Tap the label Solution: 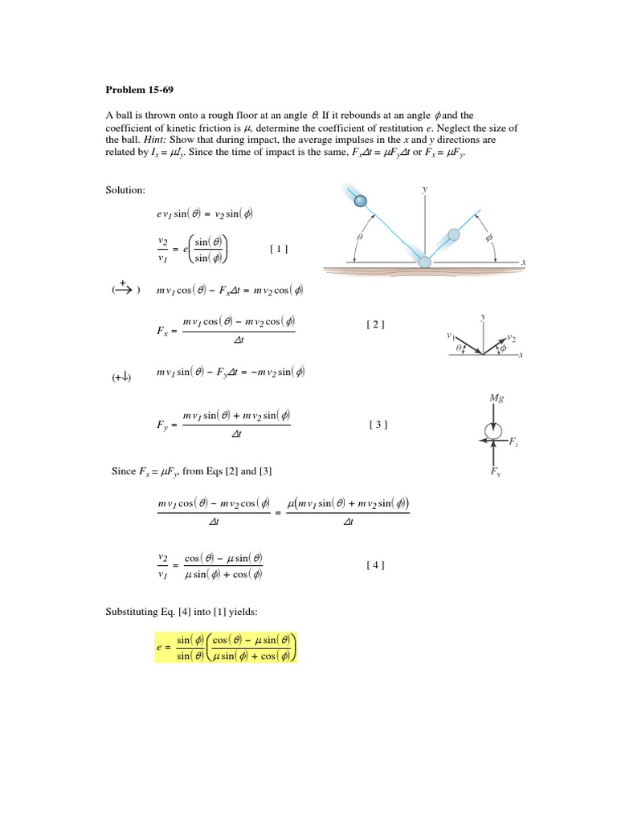125,190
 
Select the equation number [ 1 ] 279,249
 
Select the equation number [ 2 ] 375,324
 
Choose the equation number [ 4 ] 375,565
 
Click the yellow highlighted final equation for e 227,647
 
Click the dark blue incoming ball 362,201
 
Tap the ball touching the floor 425,262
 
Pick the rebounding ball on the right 454,234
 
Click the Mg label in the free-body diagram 496,398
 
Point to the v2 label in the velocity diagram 512,339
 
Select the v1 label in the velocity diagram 452,336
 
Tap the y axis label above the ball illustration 424,189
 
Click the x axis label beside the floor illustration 523,262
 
